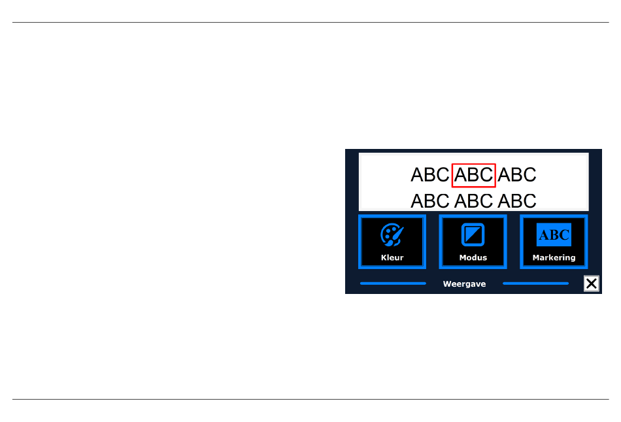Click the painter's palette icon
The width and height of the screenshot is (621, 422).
392,235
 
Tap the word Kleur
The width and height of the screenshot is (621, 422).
392,258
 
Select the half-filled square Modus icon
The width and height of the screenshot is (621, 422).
473,235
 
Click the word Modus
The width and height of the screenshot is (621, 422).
473,258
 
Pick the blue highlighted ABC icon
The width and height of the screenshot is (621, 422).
554,235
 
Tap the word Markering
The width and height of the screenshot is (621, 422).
554,258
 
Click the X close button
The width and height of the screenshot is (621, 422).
592,284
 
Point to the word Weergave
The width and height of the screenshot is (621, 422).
464,284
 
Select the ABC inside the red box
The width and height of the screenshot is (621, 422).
474,175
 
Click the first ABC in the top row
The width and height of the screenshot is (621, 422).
430,175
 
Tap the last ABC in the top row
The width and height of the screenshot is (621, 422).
517,175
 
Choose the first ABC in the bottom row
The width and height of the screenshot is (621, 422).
430,201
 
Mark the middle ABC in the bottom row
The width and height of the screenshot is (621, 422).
474,201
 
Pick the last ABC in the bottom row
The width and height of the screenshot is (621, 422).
517,201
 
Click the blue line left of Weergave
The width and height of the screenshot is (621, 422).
393,284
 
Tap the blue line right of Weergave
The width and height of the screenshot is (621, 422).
535,284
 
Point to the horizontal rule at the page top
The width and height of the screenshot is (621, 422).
310,23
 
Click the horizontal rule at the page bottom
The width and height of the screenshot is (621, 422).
310,399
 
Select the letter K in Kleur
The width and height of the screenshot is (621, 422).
384,258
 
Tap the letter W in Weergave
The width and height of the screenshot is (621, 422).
447,284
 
